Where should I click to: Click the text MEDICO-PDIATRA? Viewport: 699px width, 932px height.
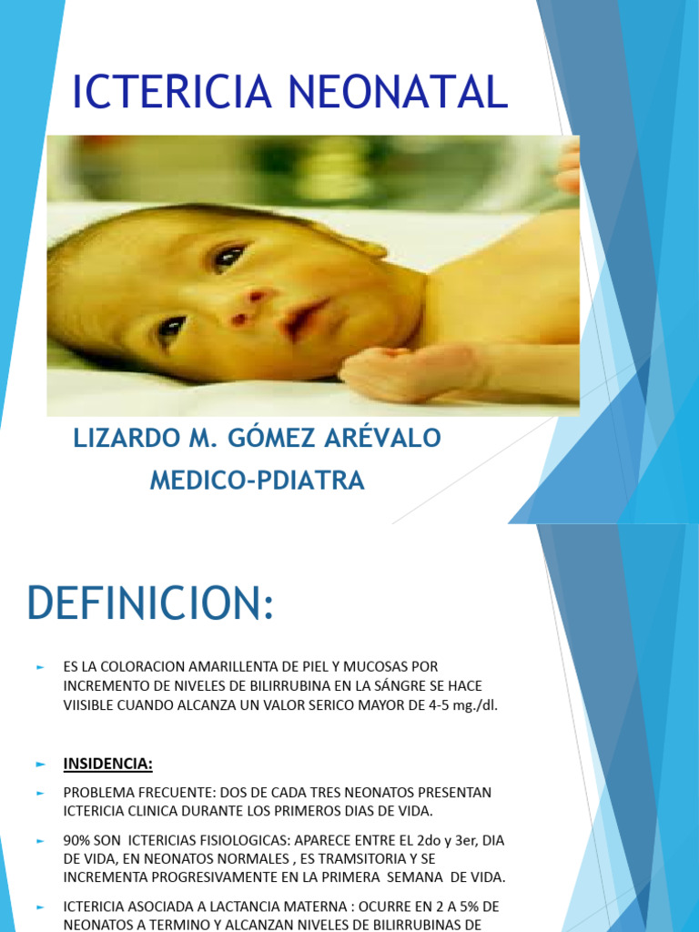[x=257, y=481]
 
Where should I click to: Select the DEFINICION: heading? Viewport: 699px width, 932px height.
[x=150, y=603]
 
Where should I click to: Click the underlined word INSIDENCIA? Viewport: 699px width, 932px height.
[x=107, y=765]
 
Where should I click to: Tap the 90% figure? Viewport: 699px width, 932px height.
[x=76, y=843]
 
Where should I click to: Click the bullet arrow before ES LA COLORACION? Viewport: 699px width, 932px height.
[x=40, y=667]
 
